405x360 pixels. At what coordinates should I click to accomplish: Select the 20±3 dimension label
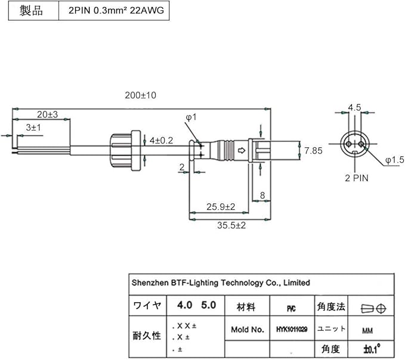coord(47,114)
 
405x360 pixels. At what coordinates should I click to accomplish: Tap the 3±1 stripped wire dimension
coord(33,128)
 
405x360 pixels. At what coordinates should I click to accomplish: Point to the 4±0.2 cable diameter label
coord(161,140)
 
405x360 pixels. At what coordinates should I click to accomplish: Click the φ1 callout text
coord(190,118)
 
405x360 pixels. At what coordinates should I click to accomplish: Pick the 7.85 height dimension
coord(313,151)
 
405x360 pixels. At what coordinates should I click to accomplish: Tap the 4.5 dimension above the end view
coord(354,108)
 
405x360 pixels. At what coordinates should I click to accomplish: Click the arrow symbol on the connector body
coord(241,151)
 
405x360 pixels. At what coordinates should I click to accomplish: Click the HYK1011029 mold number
coord(292,329)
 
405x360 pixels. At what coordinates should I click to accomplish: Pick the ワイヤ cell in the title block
coord(147,306)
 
